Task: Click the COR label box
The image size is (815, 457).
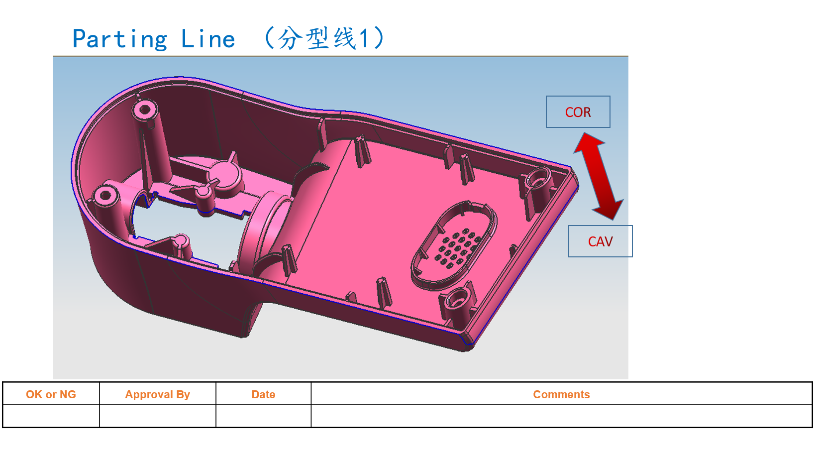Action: [578, 112]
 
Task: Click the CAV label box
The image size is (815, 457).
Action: [600, 241]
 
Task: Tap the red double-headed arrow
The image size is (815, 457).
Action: [598, 176]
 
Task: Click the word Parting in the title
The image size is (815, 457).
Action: [120, 39]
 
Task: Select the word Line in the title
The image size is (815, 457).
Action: [208, 39]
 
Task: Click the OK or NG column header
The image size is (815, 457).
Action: [51, 394]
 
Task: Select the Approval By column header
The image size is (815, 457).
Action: [157, 394]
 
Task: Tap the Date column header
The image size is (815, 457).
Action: [263, 394]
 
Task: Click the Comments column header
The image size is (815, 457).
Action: [561, 394]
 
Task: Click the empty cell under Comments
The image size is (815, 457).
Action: [561, 416]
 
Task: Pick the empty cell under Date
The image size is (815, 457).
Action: [263, 416]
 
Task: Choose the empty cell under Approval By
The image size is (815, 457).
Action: [157, 416]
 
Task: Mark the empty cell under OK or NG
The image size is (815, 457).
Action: [51, 416]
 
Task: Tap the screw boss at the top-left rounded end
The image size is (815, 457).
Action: [145, 110]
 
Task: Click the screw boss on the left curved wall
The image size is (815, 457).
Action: [105, 195]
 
